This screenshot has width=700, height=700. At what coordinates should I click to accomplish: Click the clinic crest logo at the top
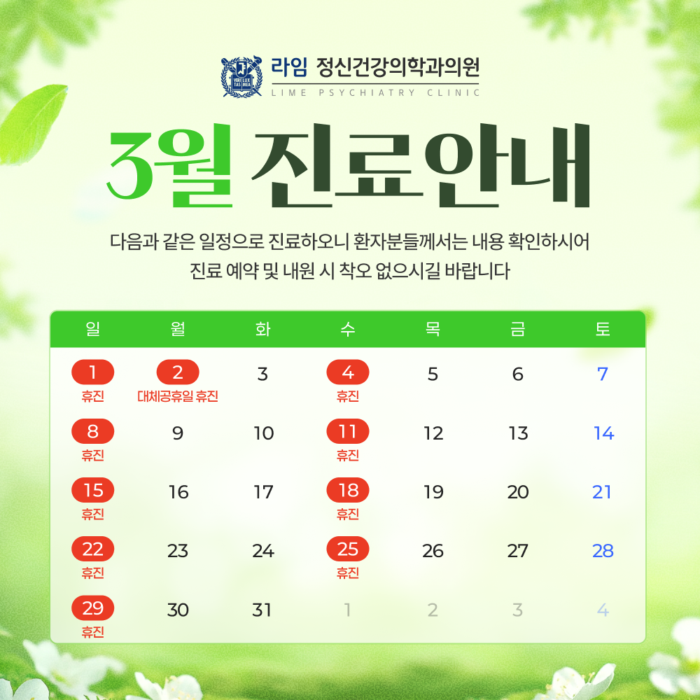tap(241, 76)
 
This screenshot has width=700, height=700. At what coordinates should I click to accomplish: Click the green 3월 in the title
tap(169, 165)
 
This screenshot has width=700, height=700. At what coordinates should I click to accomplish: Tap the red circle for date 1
tap(93, 372)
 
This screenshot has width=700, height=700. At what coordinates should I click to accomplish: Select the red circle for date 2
tap(178, 372)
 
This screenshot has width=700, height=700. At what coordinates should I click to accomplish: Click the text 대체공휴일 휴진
tap(178, 396)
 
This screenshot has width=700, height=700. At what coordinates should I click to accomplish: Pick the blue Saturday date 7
tap(603, 374)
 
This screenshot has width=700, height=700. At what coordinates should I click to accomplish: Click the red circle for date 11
tap(348, 431)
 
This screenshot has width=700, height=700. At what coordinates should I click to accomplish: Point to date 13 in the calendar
tap(518, 433)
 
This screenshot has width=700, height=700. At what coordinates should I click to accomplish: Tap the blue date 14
tap(603, 433)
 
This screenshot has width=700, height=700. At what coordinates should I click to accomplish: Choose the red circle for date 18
tap(348, 490)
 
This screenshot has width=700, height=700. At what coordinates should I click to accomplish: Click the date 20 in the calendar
tap(518, 492)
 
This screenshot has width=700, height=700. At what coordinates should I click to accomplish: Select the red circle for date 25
tap(348, 549)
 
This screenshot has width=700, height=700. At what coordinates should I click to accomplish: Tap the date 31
tap(262, 610)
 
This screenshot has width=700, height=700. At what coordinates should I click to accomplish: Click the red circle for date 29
tap(93, 608)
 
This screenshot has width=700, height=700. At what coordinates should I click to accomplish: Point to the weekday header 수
tap(348, 329)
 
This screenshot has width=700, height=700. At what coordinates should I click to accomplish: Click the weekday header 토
tap(603, 329)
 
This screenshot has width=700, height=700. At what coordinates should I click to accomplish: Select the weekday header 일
tap(93, 329)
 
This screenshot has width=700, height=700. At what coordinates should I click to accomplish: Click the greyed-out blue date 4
tap(603, 610)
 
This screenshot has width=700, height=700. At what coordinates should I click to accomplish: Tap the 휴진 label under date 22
tap(93, 573)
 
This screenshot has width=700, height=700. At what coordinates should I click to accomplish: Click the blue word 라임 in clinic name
tap(289, 67)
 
